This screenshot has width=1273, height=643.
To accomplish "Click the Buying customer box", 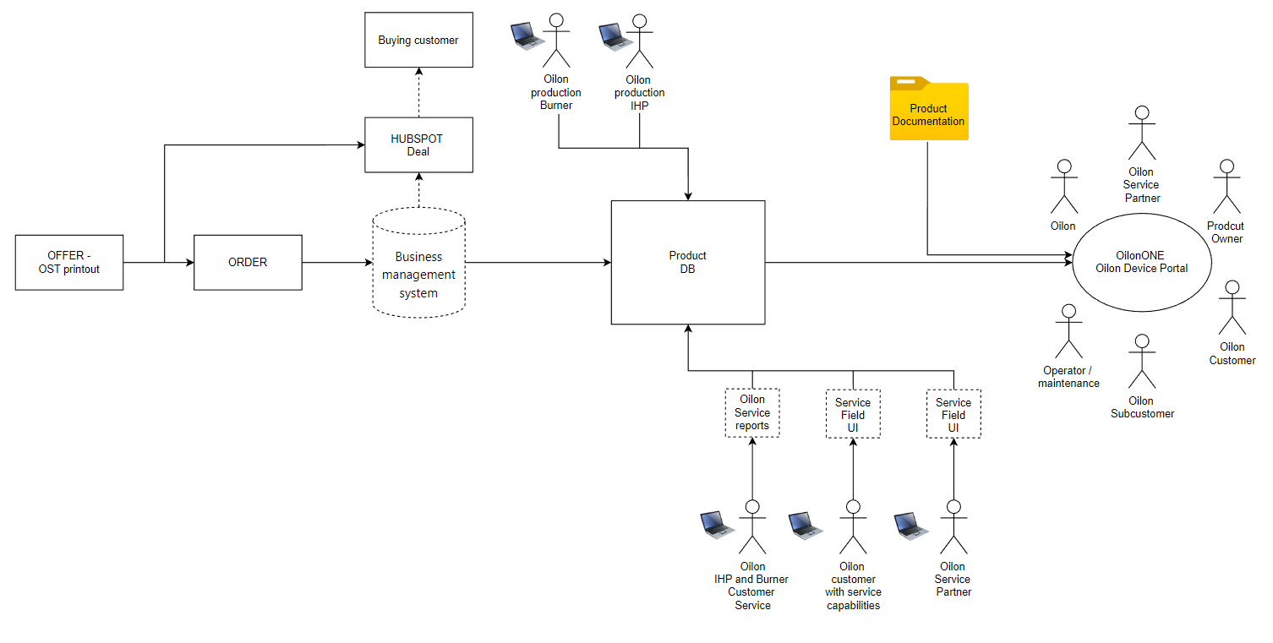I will [418, 40].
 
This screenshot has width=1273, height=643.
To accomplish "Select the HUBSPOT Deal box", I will [418, 145].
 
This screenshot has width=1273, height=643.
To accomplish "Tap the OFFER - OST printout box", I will [69, 263].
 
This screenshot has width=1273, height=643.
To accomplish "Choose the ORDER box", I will [248, 263].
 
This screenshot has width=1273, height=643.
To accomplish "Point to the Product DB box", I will [688, 262].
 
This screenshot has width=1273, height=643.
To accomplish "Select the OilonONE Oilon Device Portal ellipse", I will [1141, 262].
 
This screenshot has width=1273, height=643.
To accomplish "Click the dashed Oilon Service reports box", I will [752, 413].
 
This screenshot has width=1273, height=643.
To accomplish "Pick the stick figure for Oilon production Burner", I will [556, 41].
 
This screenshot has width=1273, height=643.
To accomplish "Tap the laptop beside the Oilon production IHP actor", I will [615, 35].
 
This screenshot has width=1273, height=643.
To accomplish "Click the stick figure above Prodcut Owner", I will [1227, 188].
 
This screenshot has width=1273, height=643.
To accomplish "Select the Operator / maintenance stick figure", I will [1068, 332].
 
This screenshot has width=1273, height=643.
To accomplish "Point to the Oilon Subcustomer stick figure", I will [1142, 362].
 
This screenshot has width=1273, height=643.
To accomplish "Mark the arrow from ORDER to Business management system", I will [336, 263].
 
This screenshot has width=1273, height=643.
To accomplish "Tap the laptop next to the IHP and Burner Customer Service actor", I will [717, 524].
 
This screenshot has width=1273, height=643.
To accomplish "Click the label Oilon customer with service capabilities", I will [853, 586].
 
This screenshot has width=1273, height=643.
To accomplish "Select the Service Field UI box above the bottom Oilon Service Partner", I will [953, 414].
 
